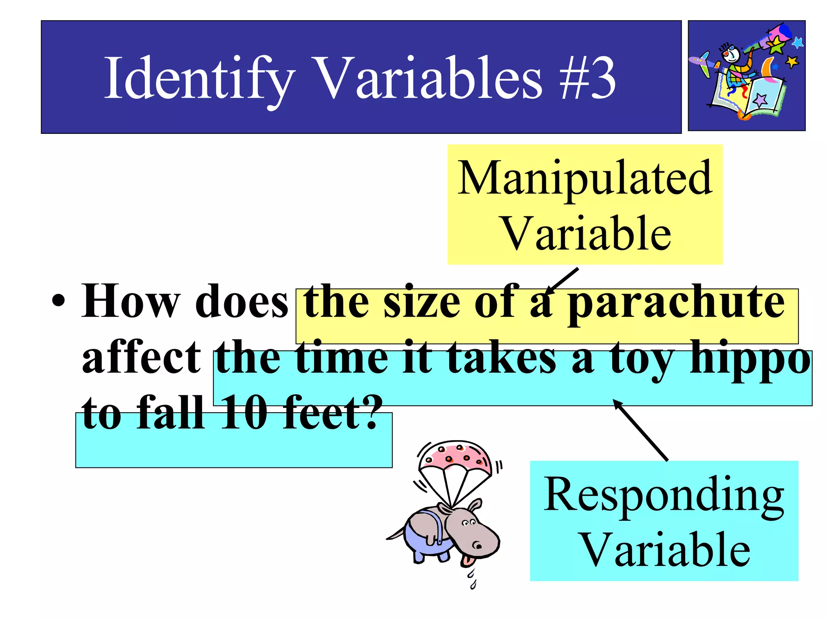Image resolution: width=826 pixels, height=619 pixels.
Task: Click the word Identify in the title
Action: tap(199, 79)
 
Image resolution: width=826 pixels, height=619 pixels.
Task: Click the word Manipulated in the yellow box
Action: tap(585, 178)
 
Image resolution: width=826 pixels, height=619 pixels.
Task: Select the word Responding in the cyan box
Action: tap(664, 496)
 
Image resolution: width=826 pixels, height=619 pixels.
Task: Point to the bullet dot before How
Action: tap(58, 303)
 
